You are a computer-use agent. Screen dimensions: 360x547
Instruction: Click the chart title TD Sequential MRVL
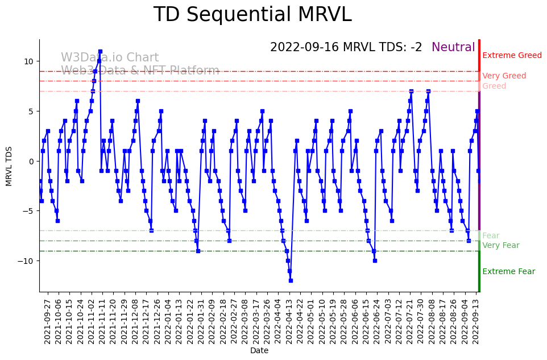click(252, 15)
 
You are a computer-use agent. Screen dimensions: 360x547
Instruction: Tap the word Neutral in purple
click(453, 48)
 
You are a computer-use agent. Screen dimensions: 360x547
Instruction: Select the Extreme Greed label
click(512, 56)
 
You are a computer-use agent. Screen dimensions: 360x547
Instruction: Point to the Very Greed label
click(504, 76)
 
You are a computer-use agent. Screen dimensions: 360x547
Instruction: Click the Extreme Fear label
click(508, 272)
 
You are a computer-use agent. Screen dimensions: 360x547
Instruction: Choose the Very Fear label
click(500, 246)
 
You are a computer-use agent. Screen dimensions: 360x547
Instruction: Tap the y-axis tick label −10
click(26, 261)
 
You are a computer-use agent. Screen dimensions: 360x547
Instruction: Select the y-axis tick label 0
click(31, 162)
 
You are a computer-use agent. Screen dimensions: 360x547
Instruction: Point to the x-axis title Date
click(259, 351)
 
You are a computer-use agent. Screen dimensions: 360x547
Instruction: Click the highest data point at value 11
click(100, 52)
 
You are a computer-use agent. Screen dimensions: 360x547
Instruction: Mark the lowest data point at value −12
click(291, 280)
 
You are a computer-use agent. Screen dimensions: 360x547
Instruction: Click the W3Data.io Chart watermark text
click(110, 58)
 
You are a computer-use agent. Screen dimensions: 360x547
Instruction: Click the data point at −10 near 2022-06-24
click(375, 260)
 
